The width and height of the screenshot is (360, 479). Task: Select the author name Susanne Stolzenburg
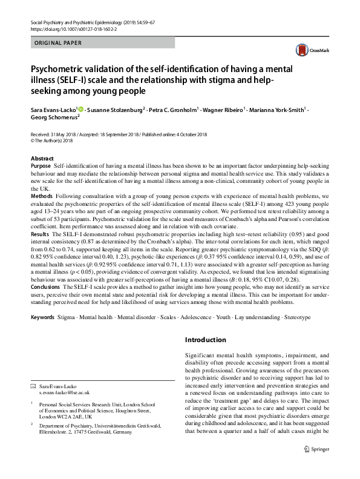114,111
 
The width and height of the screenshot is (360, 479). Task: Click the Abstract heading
42,158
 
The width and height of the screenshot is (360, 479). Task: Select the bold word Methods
42,197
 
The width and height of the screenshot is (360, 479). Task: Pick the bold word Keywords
43,317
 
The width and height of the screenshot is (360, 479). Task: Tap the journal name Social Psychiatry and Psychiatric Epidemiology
83,21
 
